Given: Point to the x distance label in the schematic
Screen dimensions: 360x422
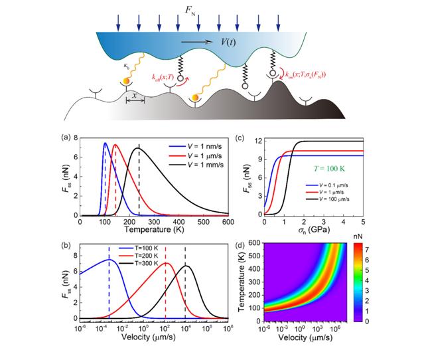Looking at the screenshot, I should click(x=135, y=96).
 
